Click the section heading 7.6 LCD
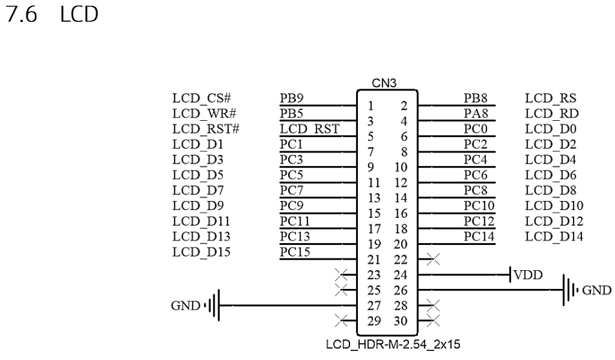51,15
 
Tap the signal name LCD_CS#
202,100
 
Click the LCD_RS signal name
550,100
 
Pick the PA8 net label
475,114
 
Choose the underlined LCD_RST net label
309,129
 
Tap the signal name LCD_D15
200,251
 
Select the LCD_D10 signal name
554,206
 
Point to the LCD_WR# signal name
203,114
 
